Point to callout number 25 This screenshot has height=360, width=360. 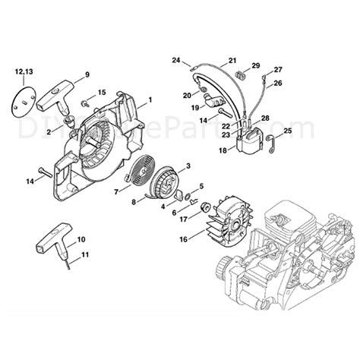point(289,131)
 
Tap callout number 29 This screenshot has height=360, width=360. point(256,66)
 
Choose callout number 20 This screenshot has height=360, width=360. point(187,95)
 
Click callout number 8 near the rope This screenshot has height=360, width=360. point(134,202)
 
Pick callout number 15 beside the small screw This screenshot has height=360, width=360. point(102,93)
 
